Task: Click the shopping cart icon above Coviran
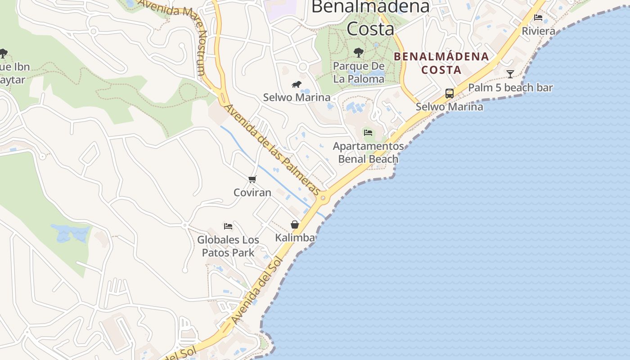tap(252, 179)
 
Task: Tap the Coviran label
tap(252, 193)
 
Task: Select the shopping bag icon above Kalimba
tap(295, 224)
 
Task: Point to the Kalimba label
tap(295, 238)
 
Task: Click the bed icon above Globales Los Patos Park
tap(228, 226)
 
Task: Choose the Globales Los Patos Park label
tap(228, 246)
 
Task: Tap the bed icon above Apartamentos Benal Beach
tap(368, 133)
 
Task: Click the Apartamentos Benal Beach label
tap(368, 153)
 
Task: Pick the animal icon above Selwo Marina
tap(296, 84)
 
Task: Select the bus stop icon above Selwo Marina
tap(449, 94)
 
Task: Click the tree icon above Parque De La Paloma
tap(358, 53)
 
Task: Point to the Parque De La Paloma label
tap(359, 72)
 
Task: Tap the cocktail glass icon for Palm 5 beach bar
tap(510, 74)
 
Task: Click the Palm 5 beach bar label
tap(510, 87)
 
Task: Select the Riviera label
tap(538, 31)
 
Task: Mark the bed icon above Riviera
tap(538, 18)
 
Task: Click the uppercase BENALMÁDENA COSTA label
tap(441, 63)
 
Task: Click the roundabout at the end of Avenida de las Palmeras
tap(323, 197)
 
